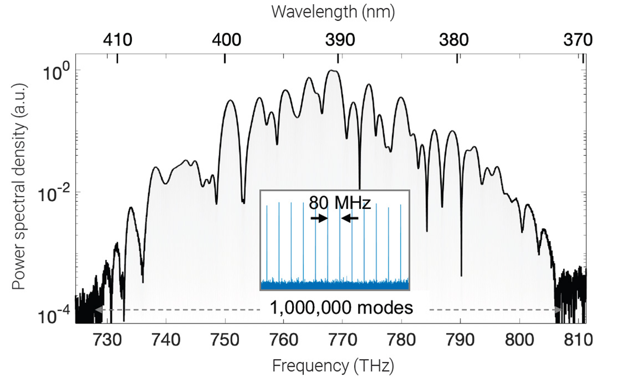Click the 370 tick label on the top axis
coord(577,39)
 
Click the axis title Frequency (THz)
coord(332,366)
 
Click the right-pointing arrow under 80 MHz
coord(319,218)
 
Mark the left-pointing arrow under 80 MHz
coord(350,218)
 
